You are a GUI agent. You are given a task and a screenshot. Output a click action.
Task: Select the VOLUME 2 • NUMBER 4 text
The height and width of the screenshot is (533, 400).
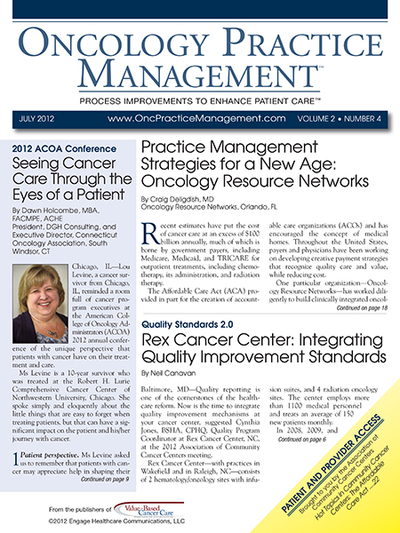pyautogui.click(x=332, y=117)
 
